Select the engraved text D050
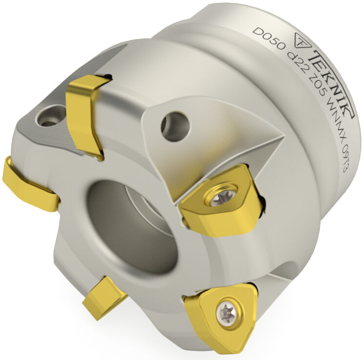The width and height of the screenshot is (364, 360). click(269, 38)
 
